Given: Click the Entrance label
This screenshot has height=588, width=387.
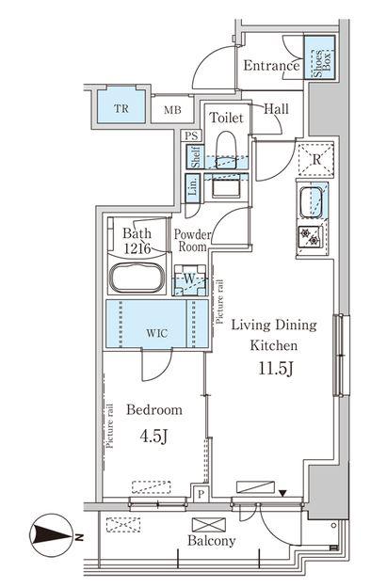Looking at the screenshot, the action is click(x=271, y=66).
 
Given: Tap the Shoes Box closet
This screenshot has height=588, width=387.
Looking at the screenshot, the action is click(x=319, y=57).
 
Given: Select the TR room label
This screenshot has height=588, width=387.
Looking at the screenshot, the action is click(x=121, y=109).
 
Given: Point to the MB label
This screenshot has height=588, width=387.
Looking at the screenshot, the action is click(x=172, y=110).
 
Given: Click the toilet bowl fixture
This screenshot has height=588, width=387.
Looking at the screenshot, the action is click(x=226, y=150).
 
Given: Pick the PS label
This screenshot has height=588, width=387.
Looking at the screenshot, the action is click(x=191, y=135).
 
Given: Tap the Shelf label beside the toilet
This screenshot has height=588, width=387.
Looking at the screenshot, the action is click(x=195, y=157).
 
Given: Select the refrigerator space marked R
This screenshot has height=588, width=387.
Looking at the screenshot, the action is click(x=316, y=159).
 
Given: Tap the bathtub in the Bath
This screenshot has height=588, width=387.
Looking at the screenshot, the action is click(x=137, y=278).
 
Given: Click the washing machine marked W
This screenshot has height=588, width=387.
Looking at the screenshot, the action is click(x=189, y=279).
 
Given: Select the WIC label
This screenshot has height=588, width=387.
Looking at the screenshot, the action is click(x=157, y=333).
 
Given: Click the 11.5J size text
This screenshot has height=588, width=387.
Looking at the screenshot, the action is click(x=275, y=369).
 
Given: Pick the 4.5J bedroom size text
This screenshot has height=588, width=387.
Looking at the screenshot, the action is click(x=153, y=437).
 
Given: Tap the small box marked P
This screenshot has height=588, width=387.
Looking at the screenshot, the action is click(x=202, y=494).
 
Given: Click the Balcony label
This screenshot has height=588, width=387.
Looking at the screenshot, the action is click(x=211, y=540).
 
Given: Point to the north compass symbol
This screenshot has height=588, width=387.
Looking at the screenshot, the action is click(x=53, y=534).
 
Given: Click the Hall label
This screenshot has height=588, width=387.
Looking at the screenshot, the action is click(x=276, y=109).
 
